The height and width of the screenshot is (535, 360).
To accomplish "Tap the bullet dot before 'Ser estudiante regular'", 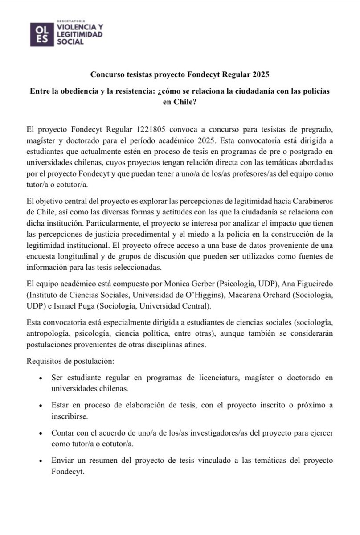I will [41, 378].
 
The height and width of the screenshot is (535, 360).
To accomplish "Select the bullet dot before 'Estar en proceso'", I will [41, 406].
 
